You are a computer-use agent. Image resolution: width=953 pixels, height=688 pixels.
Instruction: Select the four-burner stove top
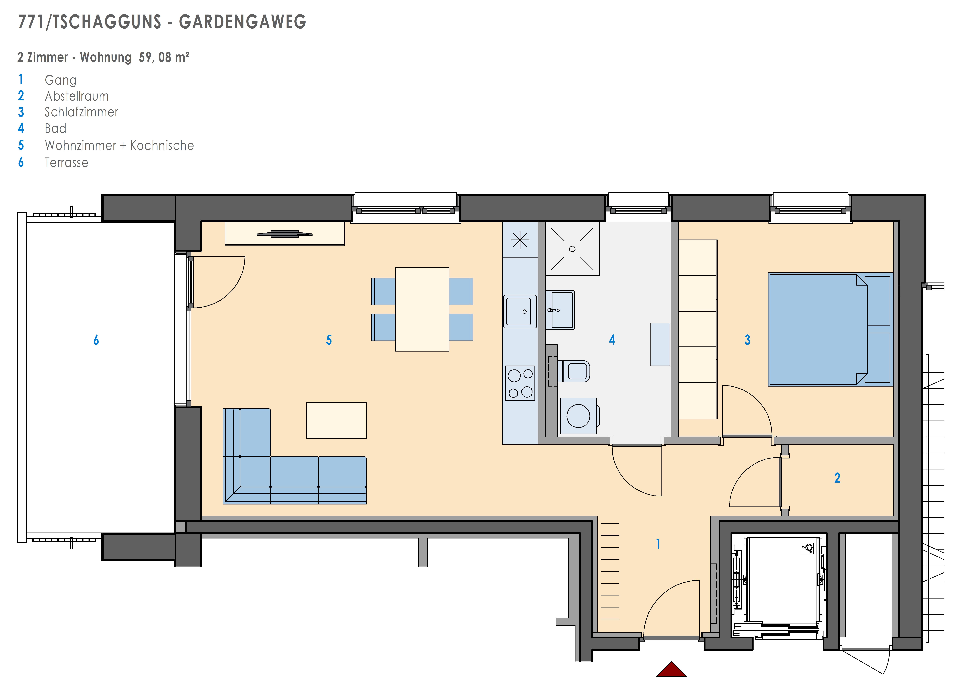pos(520,383)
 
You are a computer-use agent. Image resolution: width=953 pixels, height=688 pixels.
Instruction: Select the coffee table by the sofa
pos(336,420)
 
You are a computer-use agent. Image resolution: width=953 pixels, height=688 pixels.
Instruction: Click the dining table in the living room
pos(422,309)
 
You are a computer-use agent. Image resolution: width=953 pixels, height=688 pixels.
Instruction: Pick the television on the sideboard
pos(284,234)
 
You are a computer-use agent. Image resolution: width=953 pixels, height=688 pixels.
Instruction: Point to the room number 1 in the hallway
pos(658,544)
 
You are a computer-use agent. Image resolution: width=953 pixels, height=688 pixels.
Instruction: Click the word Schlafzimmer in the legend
pos(82,112)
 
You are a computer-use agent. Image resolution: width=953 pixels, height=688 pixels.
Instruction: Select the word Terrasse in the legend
pos(66,163)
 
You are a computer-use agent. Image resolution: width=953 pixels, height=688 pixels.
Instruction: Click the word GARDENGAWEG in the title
pos(243,22)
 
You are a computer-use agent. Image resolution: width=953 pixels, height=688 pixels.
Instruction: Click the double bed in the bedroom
pos(830,329)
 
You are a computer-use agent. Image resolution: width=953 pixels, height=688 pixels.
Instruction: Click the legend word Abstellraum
pos(77,96)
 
